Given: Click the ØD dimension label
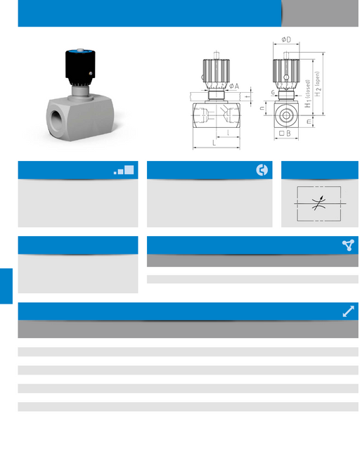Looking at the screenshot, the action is point(286,39).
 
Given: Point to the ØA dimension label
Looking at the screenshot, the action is point(234,86).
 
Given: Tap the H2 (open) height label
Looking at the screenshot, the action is point(318,84).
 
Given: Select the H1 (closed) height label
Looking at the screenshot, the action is point(308,93).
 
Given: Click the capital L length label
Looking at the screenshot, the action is point(214,143).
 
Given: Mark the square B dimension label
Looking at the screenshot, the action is point(285,134).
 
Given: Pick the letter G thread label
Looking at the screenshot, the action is point(273,93).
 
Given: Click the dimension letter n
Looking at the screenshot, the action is point(262,108).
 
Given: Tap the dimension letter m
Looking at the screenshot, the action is point(309,122).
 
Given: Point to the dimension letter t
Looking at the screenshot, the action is point(246,96).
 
